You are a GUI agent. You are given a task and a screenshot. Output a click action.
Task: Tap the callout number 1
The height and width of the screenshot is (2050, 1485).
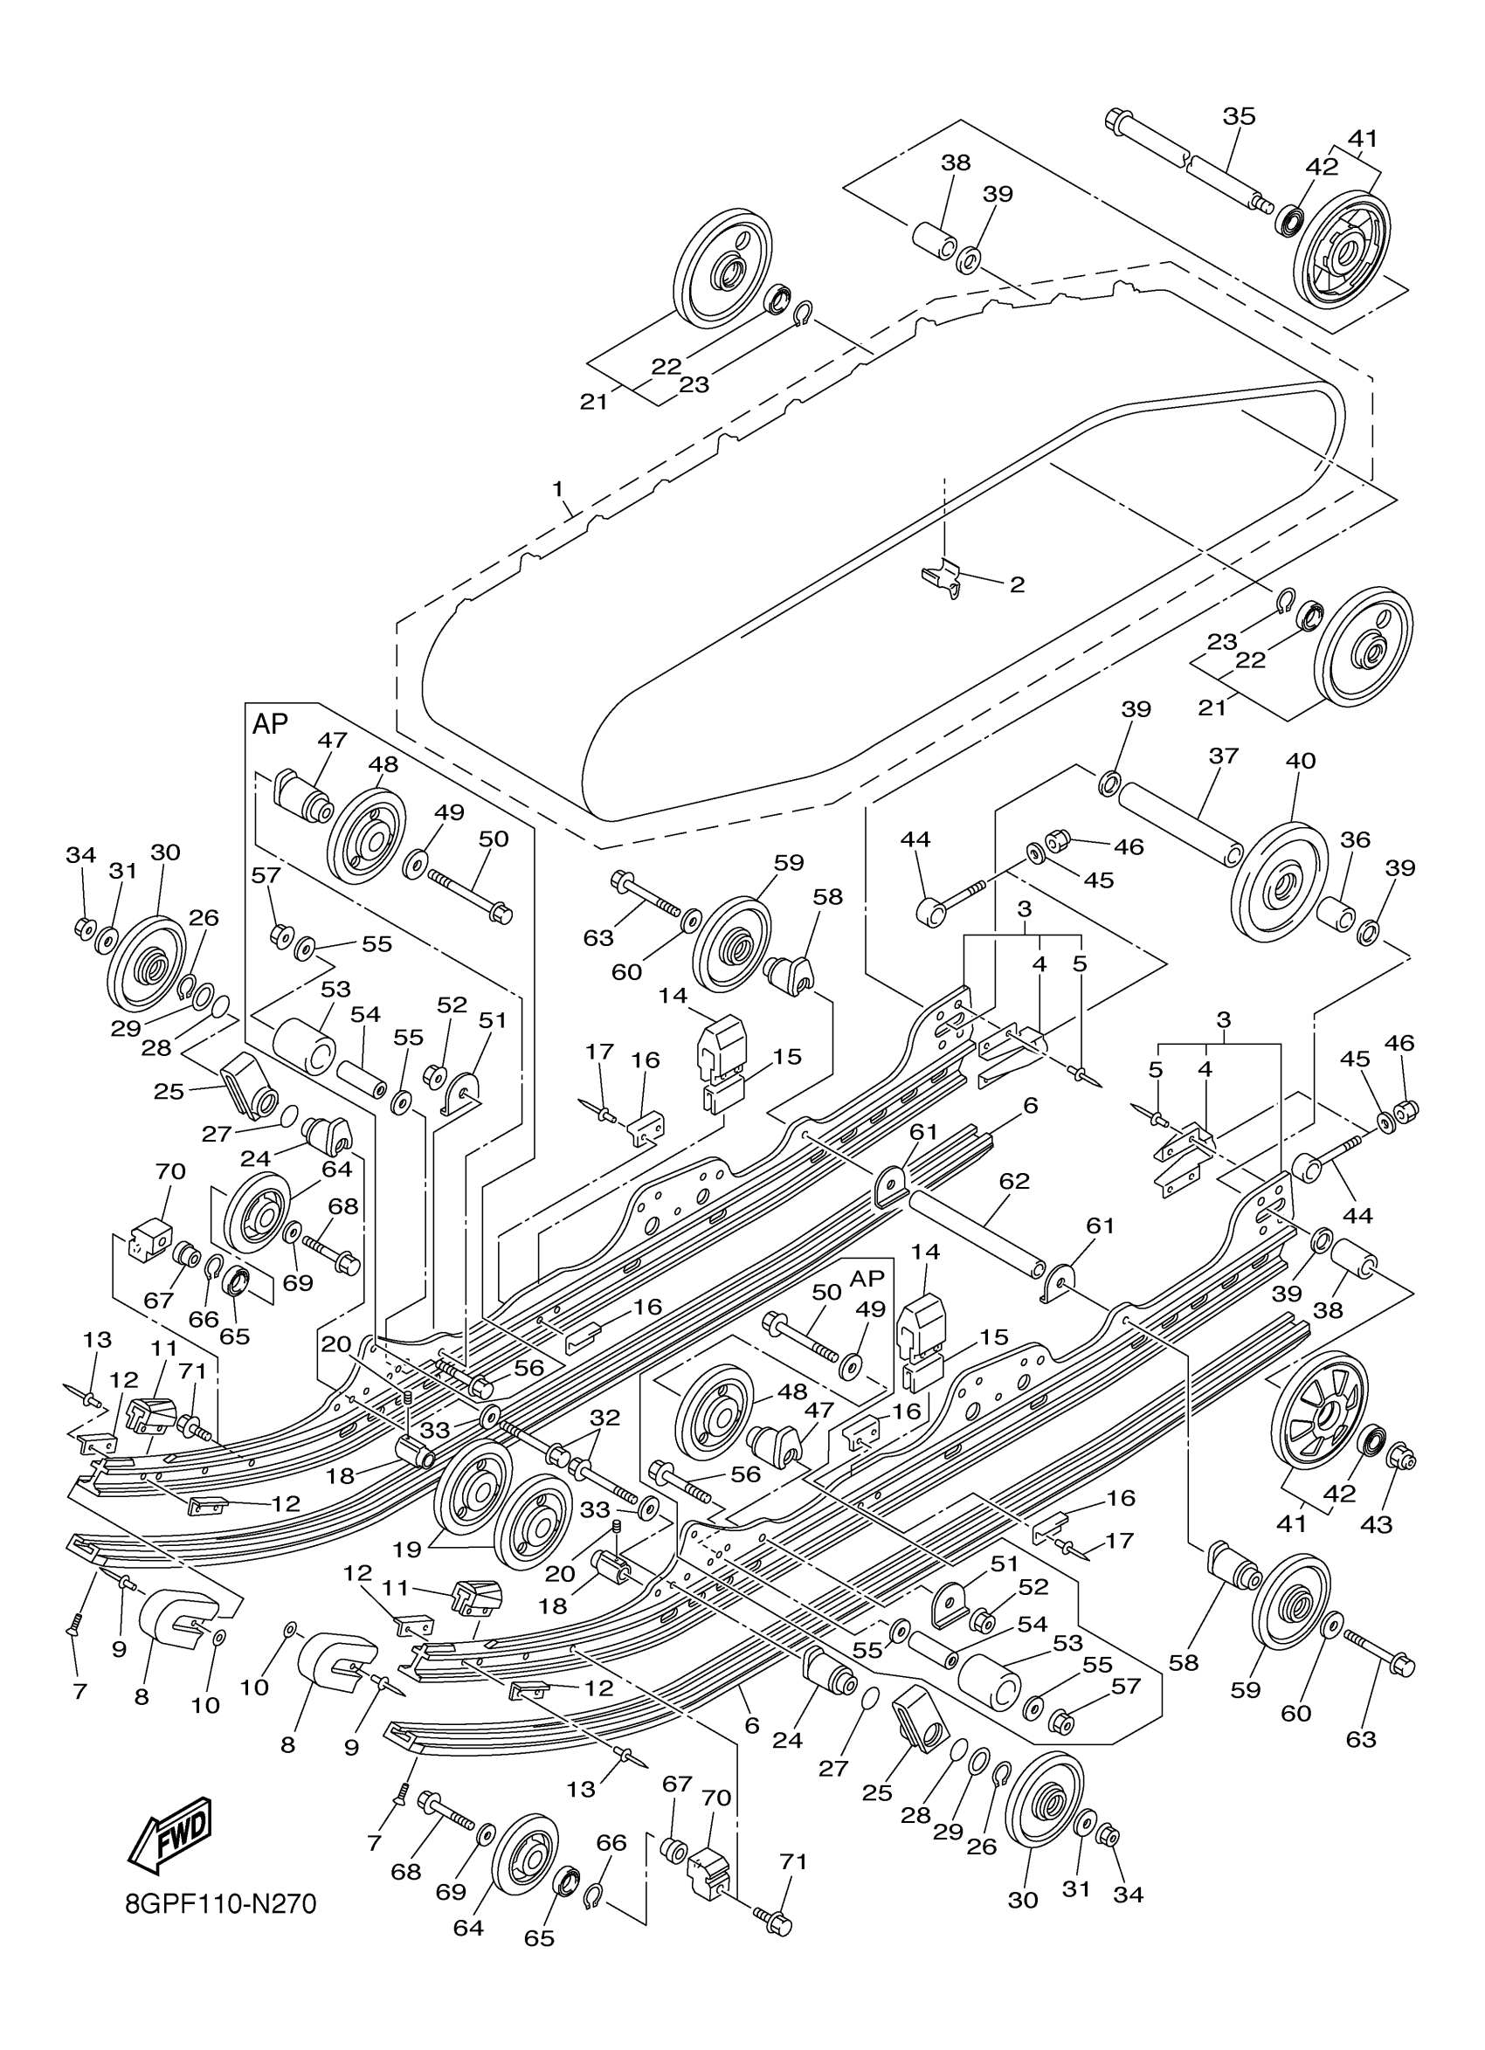coord(557,489)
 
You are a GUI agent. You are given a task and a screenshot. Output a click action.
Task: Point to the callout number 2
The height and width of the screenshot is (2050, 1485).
coord(1017,585)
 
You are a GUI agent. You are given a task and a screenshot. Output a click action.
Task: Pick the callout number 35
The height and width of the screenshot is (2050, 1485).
coord(1240,116)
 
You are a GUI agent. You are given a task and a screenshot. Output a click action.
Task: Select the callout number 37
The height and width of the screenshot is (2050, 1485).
coord(1223,756)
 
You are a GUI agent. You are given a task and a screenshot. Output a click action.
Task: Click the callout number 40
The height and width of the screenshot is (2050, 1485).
coord(1301,761)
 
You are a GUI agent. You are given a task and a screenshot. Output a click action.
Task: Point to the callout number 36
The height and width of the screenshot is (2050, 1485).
coord(1355,839)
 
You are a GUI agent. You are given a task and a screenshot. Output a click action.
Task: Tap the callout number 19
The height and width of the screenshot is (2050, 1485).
coord(408,1550)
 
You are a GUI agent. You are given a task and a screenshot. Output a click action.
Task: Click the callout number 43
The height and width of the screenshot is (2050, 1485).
coord(1377,1524)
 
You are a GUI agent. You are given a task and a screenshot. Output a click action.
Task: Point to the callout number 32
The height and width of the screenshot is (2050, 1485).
coord(604,1418)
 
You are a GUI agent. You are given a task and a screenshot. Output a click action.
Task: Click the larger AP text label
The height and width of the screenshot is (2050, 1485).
coord(269,723)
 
